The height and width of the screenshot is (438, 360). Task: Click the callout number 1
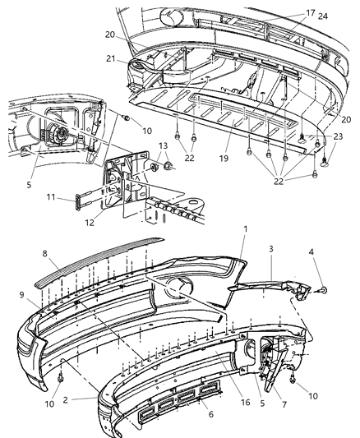pyautogui.click(x=243, y=231)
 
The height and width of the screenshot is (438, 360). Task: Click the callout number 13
pyautogui.click(x=161, y=147)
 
